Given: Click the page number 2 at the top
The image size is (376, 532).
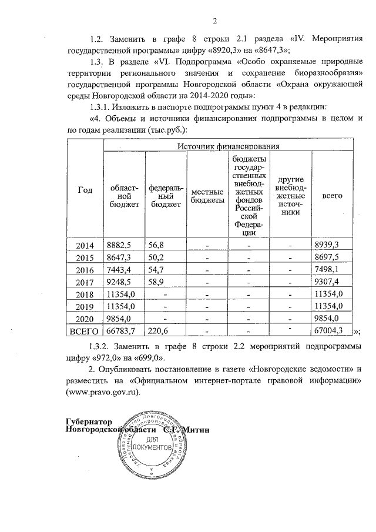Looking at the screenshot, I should click(x=215, y=22).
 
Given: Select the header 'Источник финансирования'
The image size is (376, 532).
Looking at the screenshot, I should click(x=229, y=145).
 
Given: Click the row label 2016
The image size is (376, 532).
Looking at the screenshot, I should click(x=85, y=269).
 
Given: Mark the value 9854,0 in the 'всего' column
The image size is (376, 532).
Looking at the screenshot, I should click(x=329, y=319).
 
